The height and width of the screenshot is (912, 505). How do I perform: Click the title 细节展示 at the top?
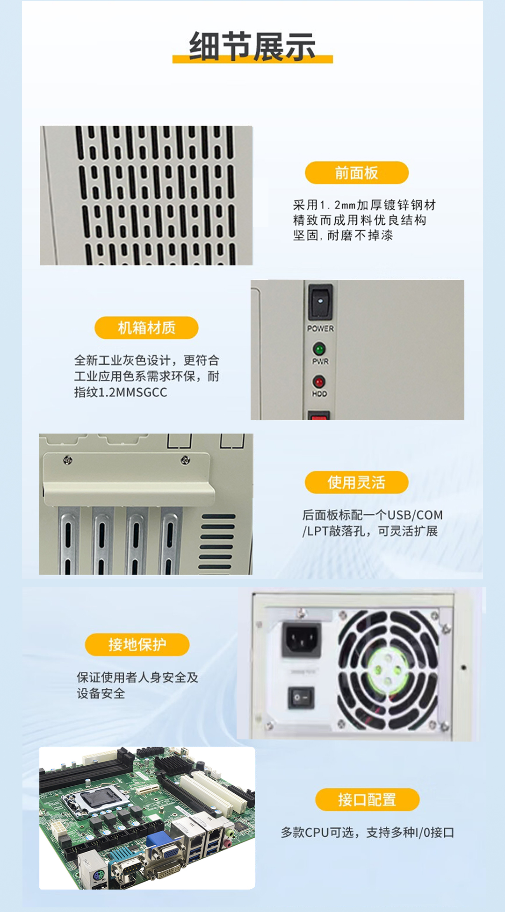[252, 47]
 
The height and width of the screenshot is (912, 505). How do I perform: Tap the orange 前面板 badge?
[356, 173]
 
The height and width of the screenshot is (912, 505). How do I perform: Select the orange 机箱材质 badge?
[146, 328]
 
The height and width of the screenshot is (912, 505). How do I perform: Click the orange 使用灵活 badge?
[356, 482]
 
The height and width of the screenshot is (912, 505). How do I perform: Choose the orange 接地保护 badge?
[137, 645]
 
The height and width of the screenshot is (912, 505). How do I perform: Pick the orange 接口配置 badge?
[367, 799]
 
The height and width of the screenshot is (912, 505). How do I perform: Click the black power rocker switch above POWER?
[320, 301]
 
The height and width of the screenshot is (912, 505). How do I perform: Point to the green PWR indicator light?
[319, 349]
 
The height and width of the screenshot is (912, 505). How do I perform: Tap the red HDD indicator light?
[319, 382]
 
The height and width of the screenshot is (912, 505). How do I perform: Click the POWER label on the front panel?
[320, 328]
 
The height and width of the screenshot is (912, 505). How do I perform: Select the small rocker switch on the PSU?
[300, 697]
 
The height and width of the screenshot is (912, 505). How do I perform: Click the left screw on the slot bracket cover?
[67, 460]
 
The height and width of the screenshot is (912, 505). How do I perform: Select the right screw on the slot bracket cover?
[185, 460]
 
